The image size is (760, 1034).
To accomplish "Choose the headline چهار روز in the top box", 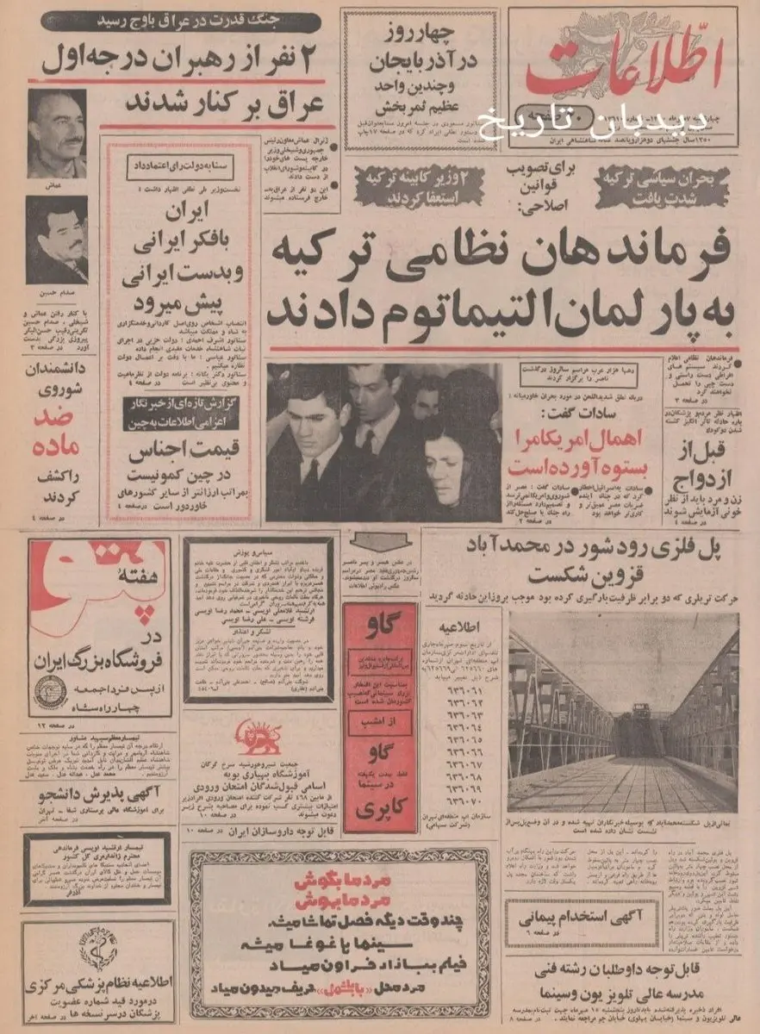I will (x=414, y=34).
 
